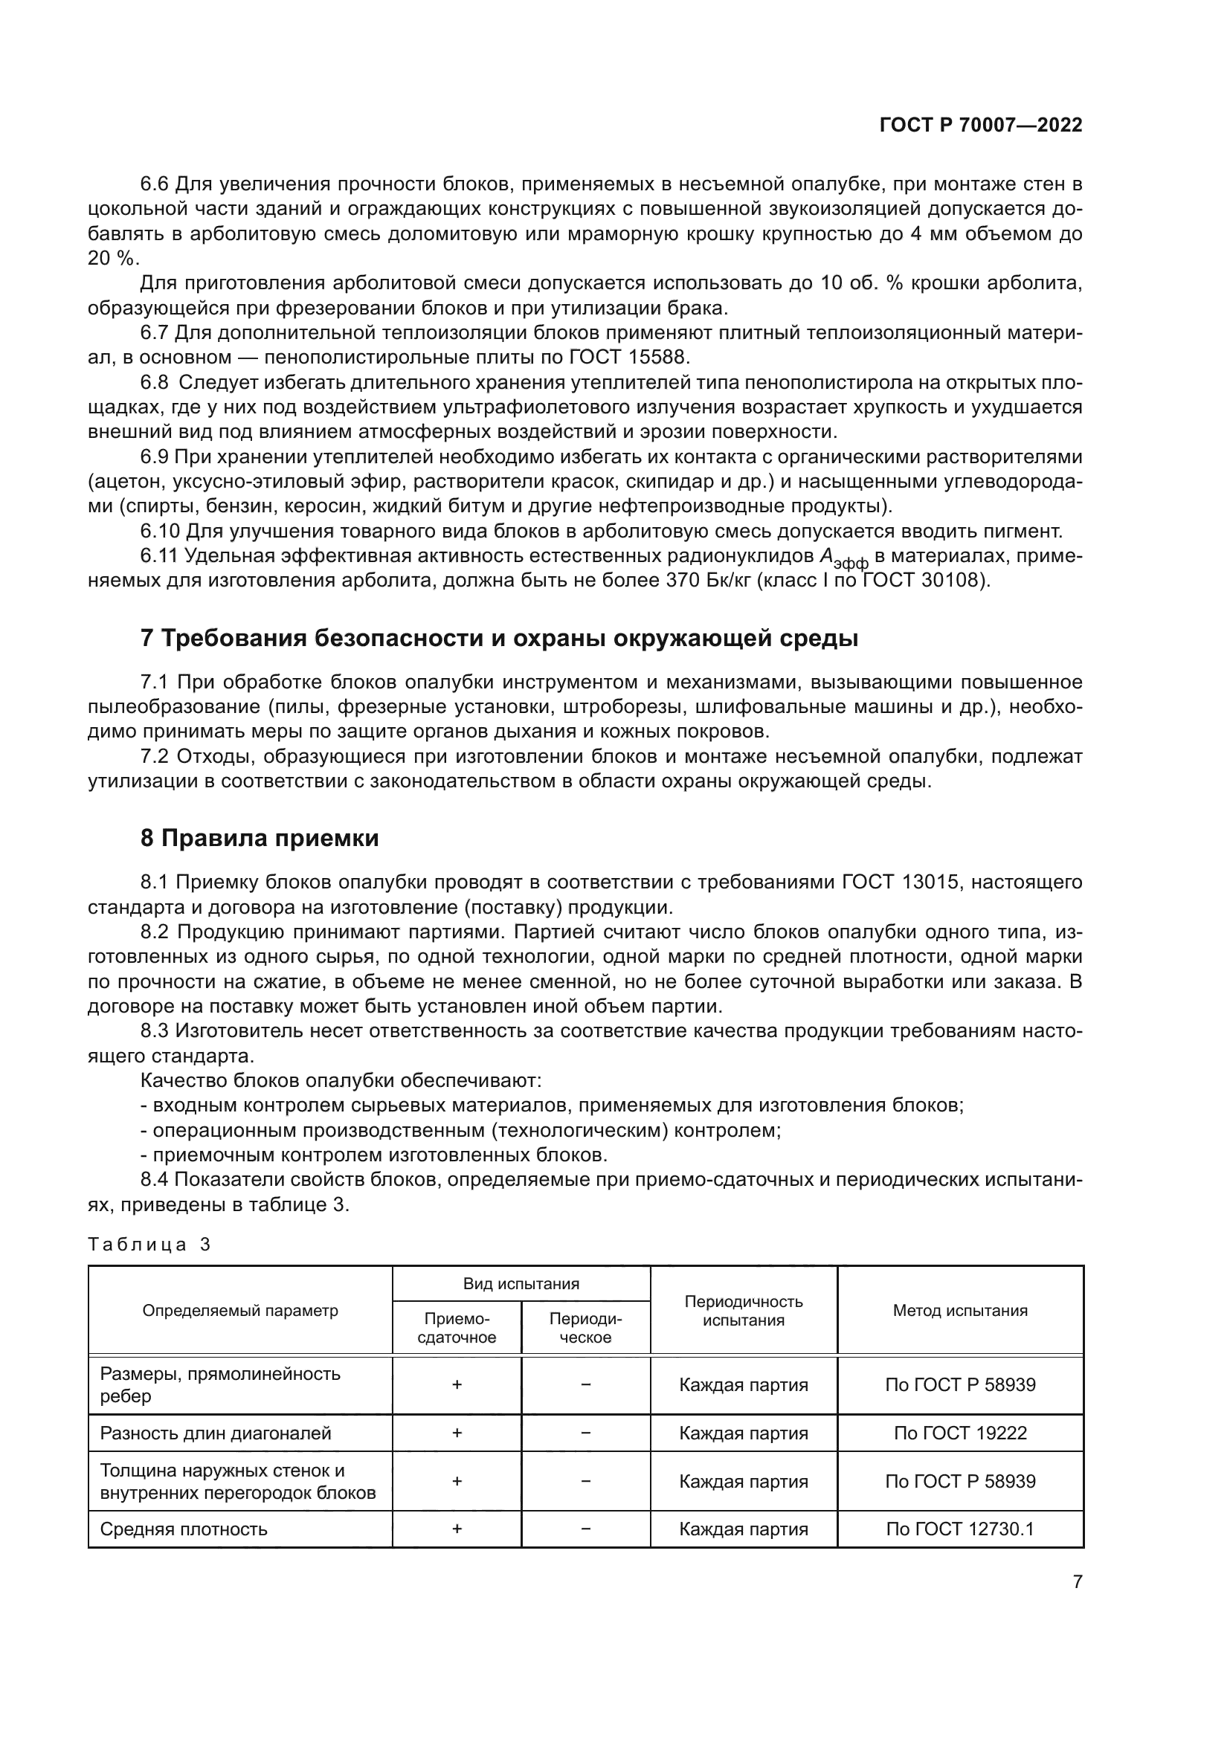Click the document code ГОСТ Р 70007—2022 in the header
[981, 125]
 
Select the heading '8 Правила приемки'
[259, 839]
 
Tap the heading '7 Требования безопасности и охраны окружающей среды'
[499, 639]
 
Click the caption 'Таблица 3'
[149, 1245]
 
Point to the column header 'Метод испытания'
[959, 1310]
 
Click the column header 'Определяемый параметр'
[240, 1310]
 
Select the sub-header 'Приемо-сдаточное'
[457, 1328]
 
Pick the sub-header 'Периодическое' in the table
[585, 1328]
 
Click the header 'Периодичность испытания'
[743, 1310]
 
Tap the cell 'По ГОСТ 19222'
[959, 1433]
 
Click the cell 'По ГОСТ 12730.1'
[959, 1529]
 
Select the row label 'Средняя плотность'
[184, 1529]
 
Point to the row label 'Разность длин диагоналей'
[216, 1433]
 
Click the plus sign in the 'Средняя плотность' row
[457, 1529]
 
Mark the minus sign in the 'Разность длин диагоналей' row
[585, 1433]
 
